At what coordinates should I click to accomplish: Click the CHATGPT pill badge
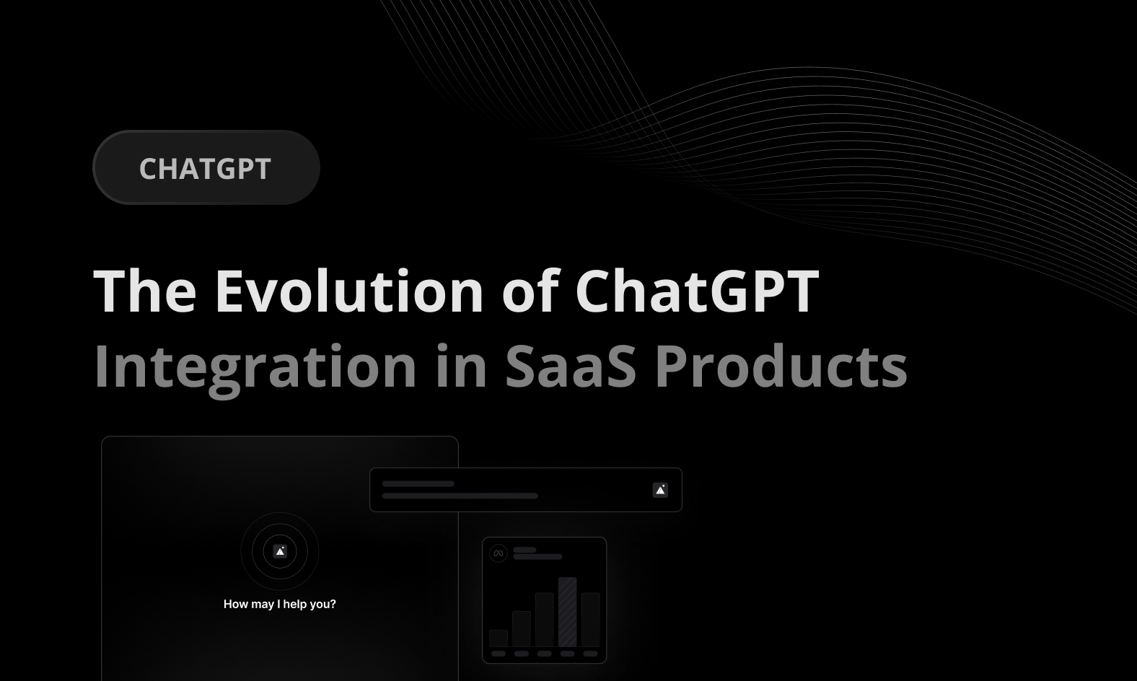point(206,167)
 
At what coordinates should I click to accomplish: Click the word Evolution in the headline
point(349,291)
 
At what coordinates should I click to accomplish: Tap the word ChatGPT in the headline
point(697,291)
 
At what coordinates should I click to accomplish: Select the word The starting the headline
point(145,291)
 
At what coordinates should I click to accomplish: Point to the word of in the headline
point(530,291)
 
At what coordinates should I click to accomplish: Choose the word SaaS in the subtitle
point(571,366)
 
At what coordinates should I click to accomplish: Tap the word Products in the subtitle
point(781,366)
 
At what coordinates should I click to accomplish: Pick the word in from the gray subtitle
point(462,366)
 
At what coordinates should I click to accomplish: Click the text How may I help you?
point(280,604)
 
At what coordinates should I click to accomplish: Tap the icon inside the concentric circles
point(280,551)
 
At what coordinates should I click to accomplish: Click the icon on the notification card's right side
point(660,490)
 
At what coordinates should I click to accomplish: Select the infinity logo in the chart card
point(499,553)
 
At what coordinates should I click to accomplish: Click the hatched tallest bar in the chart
point(568,612)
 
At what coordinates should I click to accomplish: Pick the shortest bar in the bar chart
point(499,638)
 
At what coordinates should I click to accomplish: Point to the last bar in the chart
point(590,620)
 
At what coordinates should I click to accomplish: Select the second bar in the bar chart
point(522,629)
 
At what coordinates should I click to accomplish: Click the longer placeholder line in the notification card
point(460,496)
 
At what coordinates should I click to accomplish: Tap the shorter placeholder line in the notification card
point(418,484)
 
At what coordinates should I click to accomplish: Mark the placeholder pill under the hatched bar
point(568,654)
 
